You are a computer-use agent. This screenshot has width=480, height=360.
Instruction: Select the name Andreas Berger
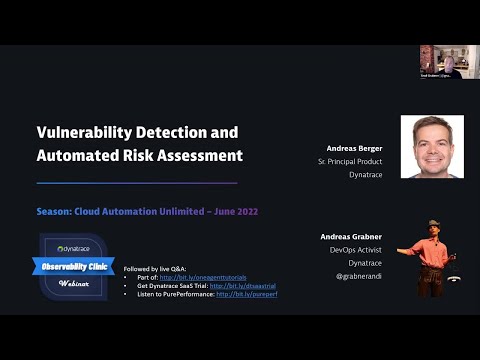[x=354, y=147]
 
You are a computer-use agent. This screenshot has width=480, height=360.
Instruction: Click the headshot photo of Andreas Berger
[x=432, y=146]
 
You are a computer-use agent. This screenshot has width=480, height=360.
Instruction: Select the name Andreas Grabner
[x=353, y=236]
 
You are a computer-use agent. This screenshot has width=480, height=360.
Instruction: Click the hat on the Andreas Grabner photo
[x=433, y=223]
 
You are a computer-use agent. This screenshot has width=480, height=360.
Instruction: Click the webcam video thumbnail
[x=441, y=61]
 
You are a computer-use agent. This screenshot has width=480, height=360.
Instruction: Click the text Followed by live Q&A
[x=151, y=269]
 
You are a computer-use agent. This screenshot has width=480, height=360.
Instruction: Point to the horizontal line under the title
[x=136, y=183]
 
